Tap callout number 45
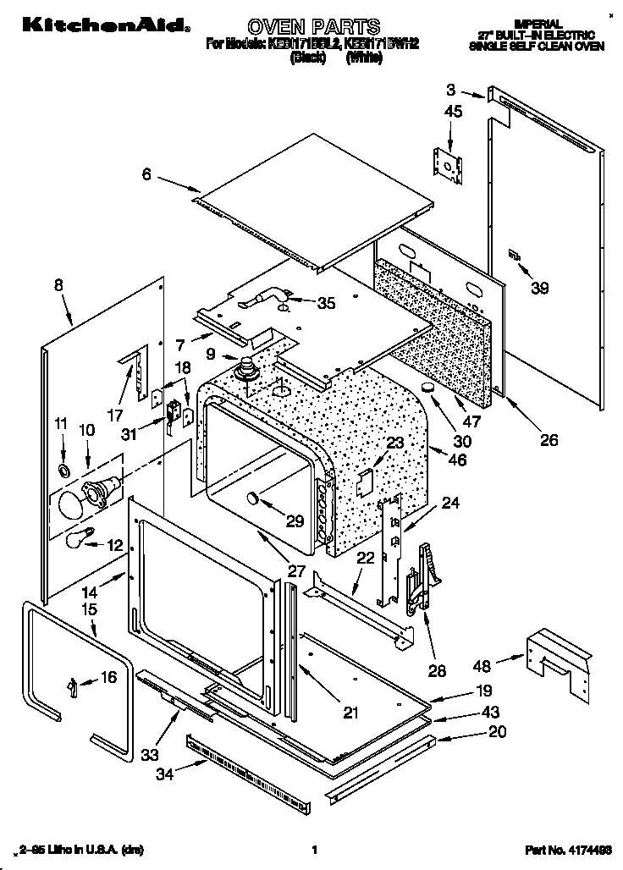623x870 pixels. [x=454, y=112]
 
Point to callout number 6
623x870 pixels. [x=146, y=174]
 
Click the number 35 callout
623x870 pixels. [x=325, y=302]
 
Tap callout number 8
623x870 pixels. [x=58, y=285]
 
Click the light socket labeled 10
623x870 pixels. [x=101, y=492]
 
